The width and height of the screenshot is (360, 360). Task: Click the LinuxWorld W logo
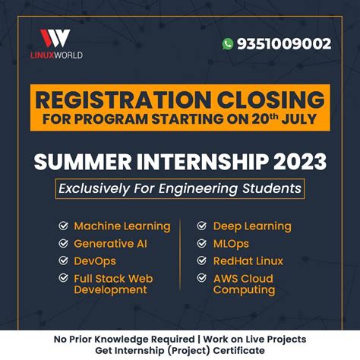(55, 38)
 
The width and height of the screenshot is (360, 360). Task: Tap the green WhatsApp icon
(227, 44)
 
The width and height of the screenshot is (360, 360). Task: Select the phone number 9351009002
(282, 44)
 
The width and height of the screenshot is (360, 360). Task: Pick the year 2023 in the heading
(297, 161)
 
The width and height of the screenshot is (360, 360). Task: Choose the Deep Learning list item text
(251, 226)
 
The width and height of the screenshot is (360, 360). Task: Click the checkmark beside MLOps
(201, 244)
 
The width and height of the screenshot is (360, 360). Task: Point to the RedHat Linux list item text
(248, 261)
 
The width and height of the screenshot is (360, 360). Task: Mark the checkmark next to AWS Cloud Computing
(201, 279)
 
